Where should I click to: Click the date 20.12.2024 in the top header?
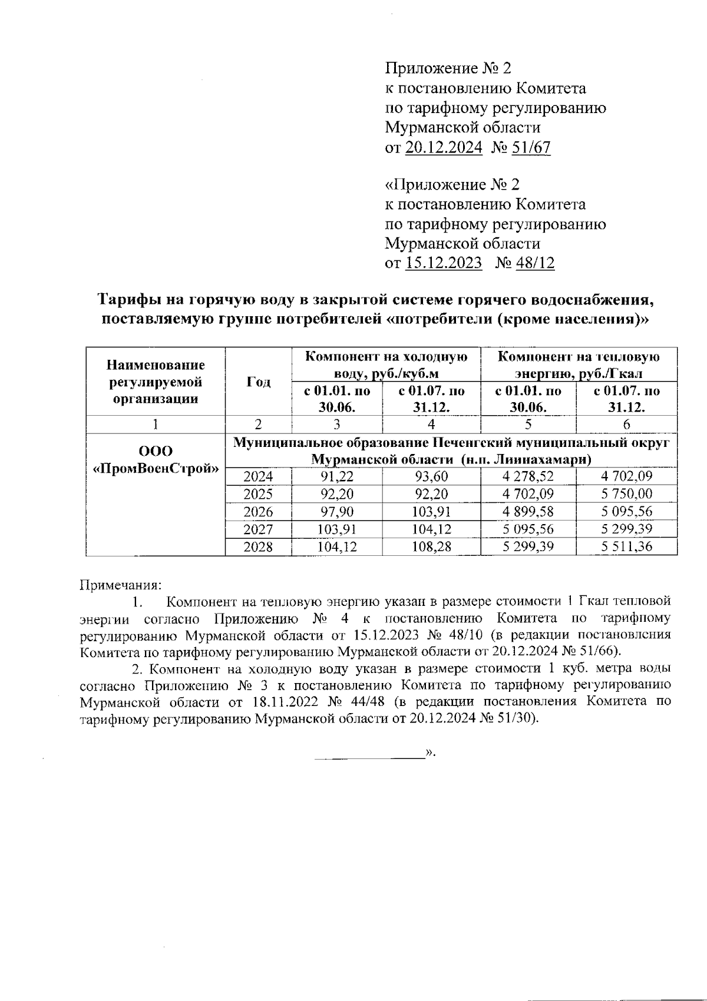444,147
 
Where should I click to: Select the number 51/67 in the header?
531,147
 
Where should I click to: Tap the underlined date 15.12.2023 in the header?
444,263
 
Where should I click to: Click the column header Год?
259,382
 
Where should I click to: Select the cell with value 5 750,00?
626,493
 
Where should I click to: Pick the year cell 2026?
258,511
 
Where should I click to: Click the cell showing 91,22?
336,476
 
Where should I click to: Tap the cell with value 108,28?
431,546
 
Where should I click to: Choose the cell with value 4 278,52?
528,476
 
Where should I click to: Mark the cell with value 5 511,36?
626,546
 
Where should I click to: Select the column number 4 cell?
431,424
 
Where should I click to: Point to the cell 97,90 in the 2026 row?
336,511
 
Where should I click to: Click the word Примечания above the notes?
120,585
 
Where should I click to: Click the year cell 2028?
258,546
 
